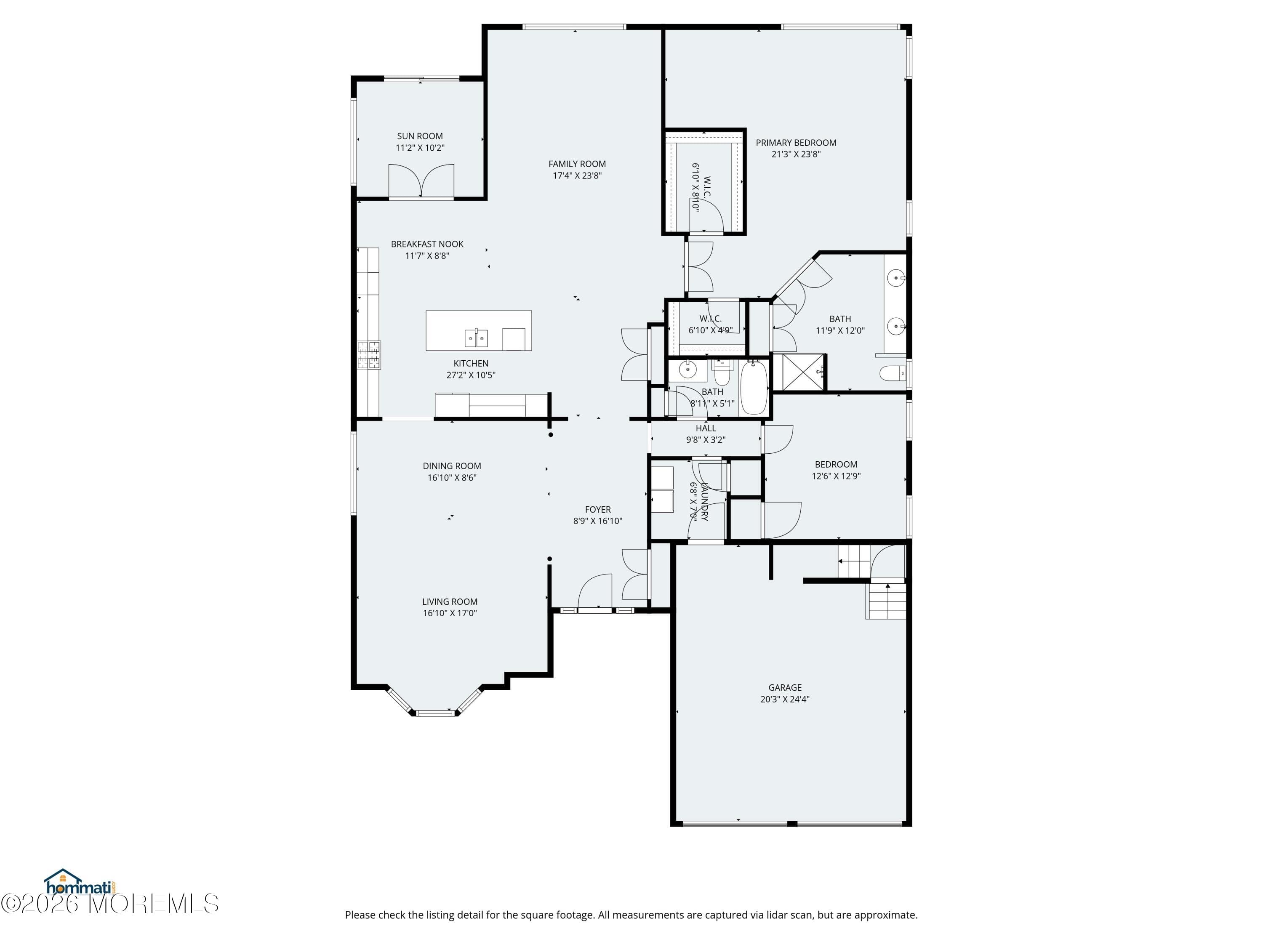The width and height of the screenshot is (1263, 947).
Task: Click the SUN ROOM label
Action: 420,136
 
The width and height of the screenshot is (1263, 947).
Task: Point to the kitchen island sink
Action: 476,338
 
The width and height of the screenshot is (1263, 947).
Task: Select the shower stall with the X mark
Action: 802,372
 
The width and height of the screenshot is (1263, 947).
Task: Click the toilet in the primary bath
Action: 892,374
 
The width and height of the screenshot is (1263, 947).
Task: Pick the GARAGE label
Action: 784,687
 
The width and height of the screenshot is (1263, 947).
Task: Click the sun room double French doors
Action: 421,181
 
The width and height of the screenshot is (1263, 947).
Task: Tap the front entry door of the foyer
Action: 594,593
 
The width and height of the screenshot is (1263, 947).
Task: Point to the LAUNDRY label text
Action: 705,501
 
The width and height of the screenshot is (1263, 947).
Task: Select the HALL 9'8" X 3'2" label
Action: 706,434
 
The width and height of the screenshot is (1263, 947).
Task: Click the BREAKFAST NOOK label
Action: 427,244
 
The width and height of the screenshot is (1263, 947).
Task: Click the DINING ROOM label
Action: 452,466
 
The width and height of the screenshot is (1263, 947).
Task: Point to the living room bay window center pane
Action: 435,713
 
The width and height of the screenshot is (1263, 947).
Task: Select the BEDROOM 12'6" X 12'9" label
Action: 836,470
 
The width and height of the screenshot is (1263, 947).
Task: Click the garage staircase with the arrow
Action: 887,601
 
